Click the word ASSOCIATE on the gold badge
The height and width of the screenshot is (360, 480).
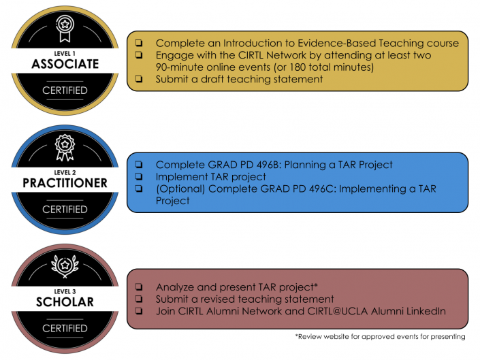point(65,64)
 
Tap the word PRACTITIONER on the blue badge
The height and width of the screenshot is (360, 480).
point(65,183)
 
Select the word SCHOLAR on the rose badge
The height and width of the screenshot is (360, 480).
point(65,302)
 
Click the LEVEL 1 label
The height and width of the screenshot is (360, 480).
point(65,54)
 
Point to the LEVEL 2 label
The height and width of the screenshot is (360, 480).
point(65,172)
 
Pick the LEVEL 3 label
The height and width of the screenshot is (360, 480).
point(65,291)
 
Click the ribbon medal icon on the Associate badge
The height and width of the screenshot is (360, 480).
point(65,29)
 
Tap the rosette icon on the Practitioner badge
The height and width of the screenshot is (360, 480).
point(65,148)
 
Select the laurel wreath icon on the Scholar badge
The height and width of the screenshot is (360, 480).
point(65,266)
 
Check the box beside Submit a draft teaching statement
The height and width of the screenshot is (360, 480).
point(139,79)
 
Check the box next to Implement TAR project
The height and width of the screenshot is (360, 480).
point(139,176)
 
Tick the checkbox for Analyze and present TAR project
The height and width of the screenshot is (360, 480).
point(139,287)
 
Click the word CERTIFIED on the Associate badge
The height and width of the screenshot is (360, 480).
point(65,91)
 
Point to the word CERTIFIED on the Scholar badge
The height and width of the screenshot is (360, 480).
point(65,329)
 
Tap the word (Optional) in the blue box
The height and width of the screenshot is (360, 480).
point(180,189)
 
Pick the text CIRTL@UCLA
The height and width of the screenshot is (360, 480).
point(337,312)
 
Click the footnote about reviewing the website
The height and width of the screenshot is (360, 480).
point(380,337)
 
